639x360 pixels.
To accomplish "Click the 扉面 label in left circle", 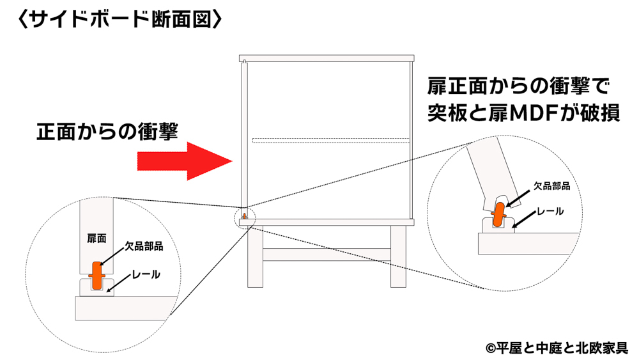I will pyautogui.click(x=96, y=238).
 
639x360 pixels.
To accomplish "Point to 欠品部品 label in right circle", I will pyautogui.click(x=551, y=187).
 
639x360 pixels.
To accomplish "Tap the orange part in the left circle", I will pyautogui.click(x=96, y=276).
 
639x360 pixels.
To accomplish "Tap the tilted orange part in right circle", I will pyautogui.click(x=500, y=214).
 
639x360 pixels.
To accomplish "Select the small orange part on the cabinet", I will pyautogui.click(x=244, y=217).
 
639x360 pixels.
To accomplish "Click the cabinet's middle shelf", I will pyautogui.click(x=330, y=140).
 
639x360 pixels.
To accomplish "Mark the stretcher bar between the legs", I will pyautogui.click(x=326, y=254).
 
